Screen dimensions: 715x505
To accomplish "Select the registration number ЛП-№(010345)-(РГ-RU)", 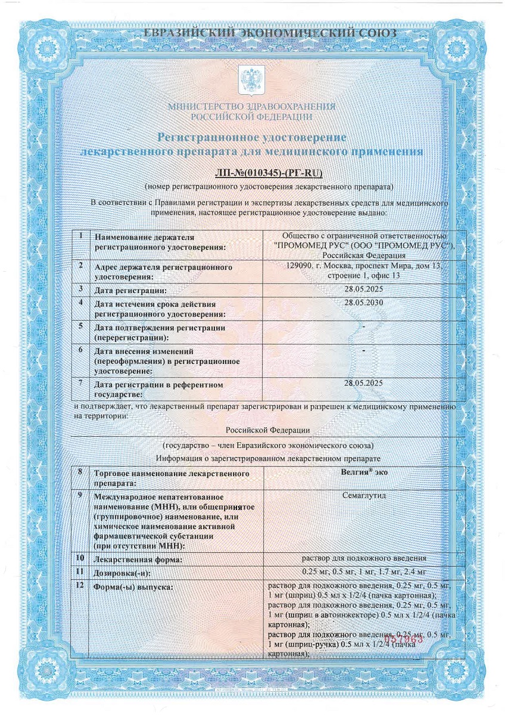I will click(269, 173).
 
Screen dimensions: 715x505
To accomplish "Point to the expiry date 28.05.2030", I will click(364, 302).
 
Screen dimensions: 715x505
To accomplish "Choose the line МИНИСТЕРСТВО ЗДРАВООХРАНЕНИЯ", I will click(252, 107).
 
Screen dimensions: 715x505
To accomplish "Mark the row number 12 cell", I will click(79, 586).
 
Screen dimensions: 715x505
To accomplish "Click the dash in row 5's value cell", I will click(363, 327).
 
